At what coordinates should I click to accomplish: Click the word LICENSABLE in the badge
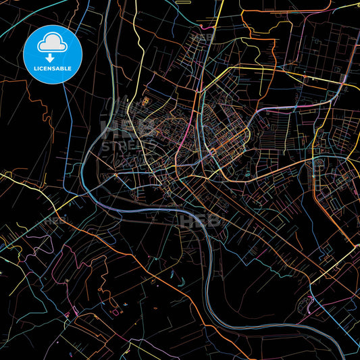[52, 68]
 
